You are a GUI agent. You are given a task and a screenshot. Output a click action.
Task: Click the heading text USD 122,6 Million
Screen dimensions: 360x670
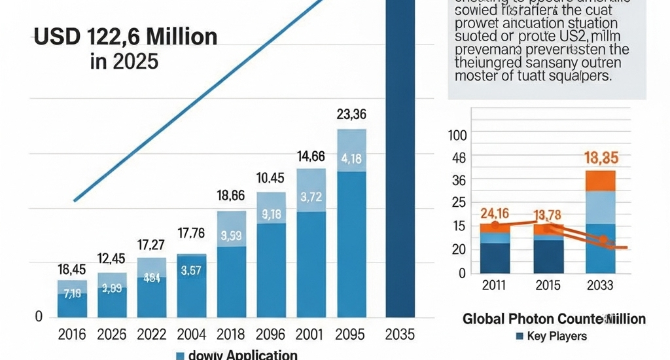pyautogui.click(x=125, y=37)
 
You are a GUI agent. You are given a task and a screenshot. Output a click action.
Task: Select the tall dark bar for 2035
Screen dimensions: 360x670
pyautogui.click(x=400, y=164)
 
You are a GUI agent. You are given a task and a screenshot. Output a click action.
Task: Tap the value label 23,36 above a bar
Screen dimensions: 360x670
pyautogui.click(x=351, y=115)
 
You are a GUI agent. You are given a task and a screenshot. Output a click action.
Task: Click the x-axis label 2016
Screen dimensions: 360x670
pyautogui.click(x=72, y=334)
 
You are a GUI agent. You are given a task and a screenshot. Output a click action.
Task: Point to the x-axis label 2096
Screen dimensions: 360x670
pyautogui.click(x=270, y=334)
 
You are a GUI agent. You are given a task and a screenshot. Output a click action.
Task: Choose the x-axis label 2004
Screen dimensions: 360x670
pyautogui.click(x=192, y=334)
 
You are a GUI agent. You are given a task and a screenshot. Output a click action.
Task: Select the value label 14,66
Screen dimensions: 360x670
pyautogui.click(x=311, y=156)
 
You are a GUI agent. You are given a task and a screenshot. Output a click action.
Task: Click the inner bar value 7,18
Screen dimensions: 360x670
pyautogui.click(x=72, y=293)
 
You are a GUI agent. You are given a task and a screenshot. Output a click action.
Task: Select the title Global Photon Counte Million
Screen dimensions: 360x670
pyautogui.click(x=554, y=319)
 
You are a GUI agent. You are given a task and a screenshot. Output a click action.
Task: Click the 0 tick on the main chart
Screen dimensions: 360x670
pyautogui.click(x=38, y=317)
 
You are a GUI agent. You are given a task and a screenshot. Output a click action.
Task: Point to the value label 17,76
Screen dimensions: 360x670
pyautogui.click(x=192, y=232)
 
